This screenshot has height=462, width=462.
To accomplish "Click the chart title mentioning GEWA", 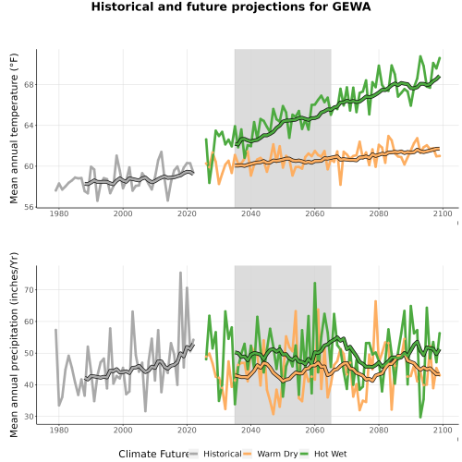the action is coord(231,6).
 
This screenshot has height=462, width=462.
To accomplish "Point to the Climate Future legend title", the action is coord(153,454).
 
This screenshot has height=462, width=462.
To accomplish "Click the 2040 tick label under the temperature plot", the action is coord(250,213).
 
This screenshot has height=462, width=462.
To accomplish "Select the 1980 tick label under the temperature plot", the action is coord(59,213).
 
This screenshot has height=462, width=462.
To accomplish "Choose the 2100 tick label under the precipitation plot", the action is coord(443,430).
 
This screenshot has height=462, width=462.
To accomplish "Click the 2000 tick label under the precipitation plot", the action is coord(123,430).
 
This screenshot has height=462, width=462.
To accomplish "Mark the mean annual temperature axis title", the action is coord(14,128).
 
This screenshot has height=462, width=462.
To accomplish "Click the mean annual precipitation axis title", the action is coord(14,345).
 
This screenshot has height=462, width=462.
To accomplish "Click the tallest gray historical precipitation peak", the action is coord(180,273).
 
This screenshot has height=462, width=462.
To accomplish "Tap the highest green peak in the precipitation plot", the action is coord(315,283).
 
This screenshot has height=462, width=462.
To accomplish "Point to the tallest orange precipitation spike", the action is coord(375,301).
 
